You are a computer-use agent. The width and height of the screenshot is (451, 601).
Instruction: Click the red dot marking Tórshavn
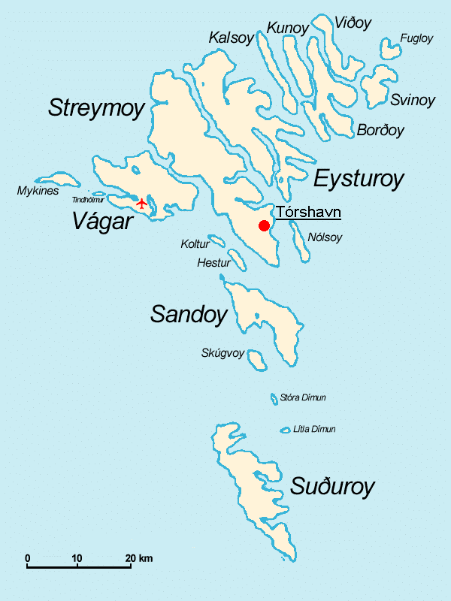[x=264, y=226]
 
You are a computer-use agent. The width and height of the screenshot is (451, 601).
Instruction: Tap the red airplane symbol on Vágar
[x=142, y=203]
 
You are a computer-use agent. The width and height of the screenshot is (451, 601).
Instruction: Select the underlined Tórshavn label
[x=308, y=213]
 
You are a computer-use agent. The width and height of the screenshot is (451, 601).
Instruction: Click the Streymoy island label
[x=95, y=108]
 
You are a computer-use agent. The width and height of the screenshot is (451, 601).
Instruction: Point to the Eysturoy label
[x=359, y=179]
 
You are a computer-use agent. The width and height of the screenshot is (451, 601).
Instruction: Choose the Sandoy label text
[x=188, y=314]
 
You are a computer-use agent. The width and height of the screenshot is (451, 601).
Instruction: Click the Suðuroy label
[x=332, y=487]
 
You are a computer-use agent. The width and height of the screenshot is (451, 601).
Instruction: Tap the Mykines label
[x=38, y=191]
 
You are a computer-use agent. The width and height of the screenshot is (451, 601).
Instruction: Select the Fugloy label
[x=416, y=38]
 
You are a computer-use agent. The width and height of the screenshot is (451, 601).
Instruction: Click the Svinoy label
[x=412, y=100]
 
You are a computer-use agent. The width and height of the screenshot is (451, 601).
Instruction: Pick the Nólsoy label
[x=325, y=237]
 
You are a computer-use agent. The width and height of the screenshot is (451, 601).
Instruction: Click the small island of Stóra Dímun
[x=274, y=398]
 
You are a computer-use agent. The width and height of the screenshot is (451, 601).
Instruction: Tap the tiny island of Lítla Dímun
[x=286, y=430]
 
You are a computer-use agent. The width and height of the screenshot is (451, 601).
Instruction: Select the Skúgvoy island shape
[x=257, y=360]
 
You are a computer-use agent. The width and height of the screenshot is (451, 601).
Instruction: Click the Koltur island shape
[x=216, y=241]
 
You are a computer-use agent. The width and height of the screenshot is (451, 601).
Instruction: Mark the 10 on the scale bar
[x=77, y=557]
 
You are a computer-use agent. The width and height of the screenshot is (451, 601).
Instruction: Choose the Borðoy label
[x=380, y=130]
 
